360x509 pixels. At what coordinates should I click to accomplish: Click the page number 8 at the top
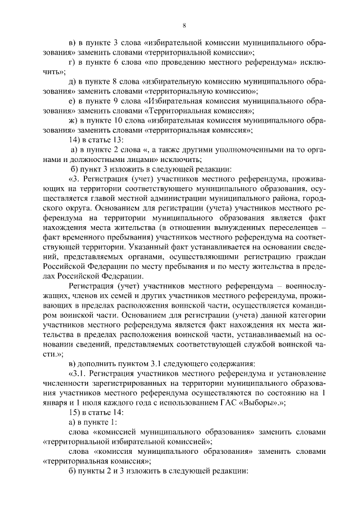184,25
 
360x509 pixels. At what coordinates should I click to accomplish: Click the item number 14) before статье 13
74,139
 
